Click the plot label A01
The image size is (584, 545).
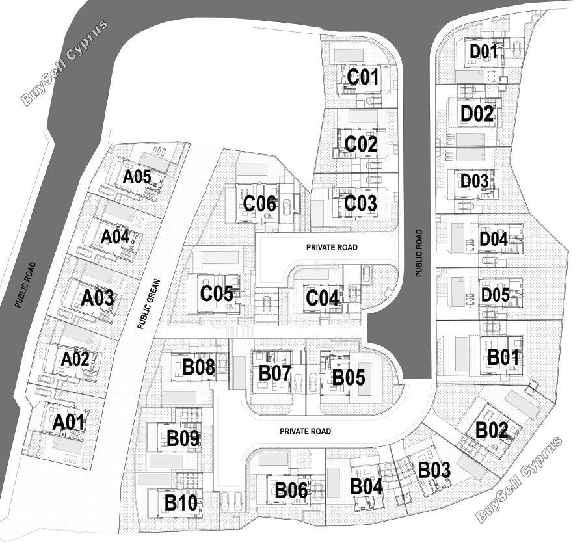69,423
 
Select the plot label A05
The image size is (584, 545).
137,177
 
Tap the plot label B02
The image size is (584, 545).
492,431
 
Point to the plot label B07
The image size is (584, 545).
275,373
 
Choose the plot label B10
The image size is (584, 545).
181,503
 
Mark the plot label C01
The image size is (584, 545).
363,77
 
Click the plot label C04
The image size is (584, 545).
323,298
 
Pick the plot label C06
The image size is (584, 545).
260,204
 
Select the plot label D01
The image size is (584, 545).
483,51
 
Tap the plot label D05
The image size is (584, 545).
495,295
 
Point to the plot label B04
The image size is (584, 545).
367,486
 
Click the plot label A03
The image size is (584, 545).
98,298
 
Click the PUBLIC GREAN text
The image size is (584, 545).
148,304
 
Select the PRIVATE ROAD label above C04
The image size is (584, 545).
332,247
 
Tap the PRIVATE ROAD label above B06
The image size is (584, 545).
306,431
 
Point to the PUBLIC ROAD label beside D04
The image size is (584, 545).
419,254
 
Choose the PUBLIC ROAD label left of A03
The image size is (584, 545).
25,285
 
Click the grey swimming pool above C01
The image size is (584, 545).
349,55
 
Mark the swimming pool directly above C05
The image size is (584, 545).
220,257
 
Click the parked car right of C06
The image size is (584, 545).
287,207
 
